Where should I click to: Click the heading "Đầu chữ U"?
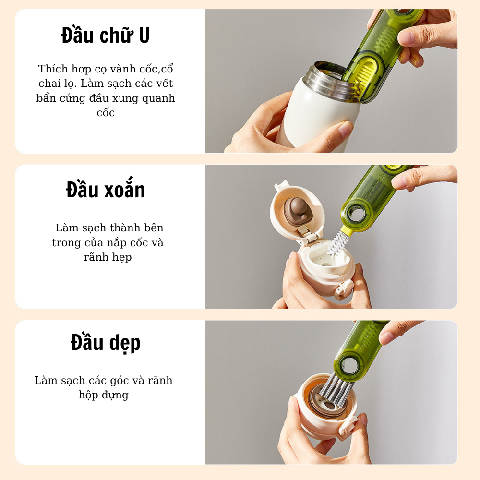pyautogui.click(x=106, y=35)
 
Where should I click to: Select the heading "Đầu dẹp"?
pyautogui.click(x=106, y=343)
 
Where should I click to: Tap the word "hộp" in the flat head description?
pyautogui.click(x=88, y=395)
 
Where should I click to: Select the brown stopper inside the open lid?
pyautogui.click(x=297, y=210)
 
